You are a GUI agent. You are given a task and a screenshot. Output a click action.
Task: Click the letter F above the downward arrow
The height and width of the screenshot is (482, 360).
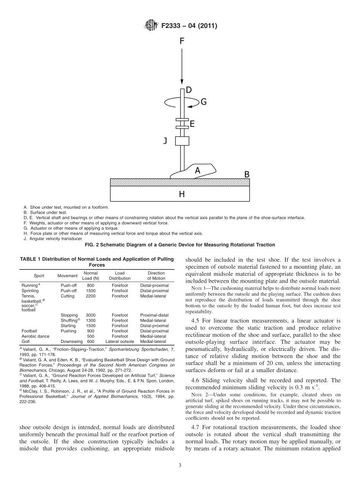click(182, 41)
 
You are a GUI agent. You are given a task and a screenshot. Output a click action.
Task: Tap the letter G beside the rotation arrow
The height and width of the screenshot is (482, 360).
click(203, 102)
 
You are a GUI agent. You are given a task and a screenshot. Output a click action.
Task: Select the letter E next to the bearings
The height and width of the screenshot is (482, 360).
click(192, 124)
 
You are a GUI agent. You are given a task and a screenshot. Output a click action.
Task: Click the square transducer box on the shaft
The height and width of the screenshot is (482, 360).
click(182, 141)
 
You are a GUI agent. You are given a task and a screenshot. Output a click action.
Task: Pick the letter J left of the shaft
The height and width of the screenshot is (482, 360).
click(165, 141)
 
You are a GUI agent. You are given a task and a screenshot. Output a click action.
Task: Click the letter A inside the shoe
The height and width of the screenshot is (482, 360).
click(197, 171)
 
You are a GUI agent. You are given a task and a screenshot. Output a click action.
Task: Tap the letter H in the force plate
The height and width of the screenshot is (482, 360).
click(182, 194)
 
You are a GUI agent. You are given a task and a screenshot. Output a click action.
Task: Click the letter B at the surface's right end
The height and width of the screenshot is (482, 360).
click(246, 174)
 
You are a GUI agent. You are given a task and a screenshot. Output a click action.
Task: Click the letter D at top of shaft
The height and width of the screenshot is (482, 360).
click(188, 90)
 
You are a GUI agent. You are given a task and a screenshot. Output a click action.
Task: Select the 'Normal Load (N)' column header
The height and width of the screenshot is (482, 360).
click(90, 275)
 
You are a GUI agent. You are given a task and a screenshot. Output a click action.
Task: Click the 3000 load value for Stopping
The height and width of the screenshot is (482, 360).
click(90, 315)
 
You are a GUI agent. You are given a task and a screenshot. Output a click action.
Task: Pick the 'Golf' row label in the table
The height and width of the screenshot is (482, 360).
click(26, 341)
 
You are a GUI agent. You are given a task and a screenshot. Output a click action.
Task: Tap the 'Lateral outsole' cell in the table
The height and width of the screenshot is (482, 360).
click(119, 341)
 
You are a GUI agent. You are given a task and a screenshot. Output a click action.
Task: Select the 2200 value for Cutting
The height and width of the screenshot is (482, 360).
click(90, 296)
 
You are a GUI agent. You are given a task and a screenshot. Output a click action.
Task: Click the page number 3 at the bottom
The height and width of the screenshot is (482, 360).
click(180, 466)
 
